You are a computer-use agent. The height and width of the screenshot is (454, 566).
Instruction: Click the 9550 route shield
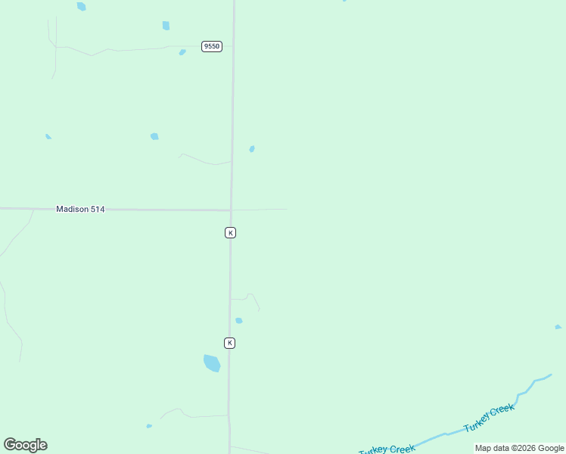212,47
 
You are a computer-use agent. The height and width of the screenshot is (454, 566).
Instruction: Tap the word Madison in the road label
71,209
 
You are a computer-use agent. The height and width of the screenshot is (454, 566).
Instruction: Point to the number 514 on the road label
96,209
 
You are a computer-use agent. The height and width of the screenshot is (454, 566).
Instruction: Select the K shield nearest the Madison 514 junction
230,232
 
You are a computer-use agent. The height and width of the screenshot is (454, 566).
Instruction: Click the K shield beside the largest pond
229,343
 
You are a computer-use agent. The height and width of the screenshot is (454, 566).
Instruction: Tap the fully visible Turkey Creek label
489,418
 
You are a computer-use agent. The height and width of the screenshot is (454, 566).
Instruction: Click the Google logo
26,445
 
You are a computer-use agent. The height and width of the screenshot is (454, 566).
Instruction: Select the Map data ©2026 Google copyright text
519,448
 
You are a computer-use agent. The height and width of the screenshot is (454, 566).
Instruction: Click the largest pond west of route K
212,363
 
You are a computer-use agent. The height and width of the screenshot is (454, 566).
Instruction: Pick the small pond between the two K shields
239,321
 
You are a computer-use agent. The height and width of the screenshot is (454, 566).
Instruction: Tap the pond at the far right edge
558,327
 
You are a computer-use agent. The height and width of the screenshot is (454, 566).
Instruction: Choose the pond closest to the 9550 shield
182,52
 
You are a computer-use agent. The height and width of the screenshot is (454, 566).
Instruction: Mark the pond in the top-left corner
81,6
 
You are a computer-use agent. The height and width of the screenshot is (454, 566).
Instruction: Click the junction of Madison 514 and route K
231,210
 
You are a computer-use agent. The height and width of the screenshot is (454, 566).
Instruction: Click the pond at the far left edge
48,136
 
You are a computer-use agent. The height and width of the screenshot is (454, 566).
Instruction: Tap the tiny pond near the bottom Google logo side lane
149,426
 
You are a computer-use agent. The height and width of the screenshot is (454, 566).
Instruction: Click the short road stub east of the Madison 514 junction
261,209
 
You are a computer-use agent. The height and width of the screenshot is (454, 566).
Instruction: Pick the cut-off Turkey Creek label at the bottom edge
387,449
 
